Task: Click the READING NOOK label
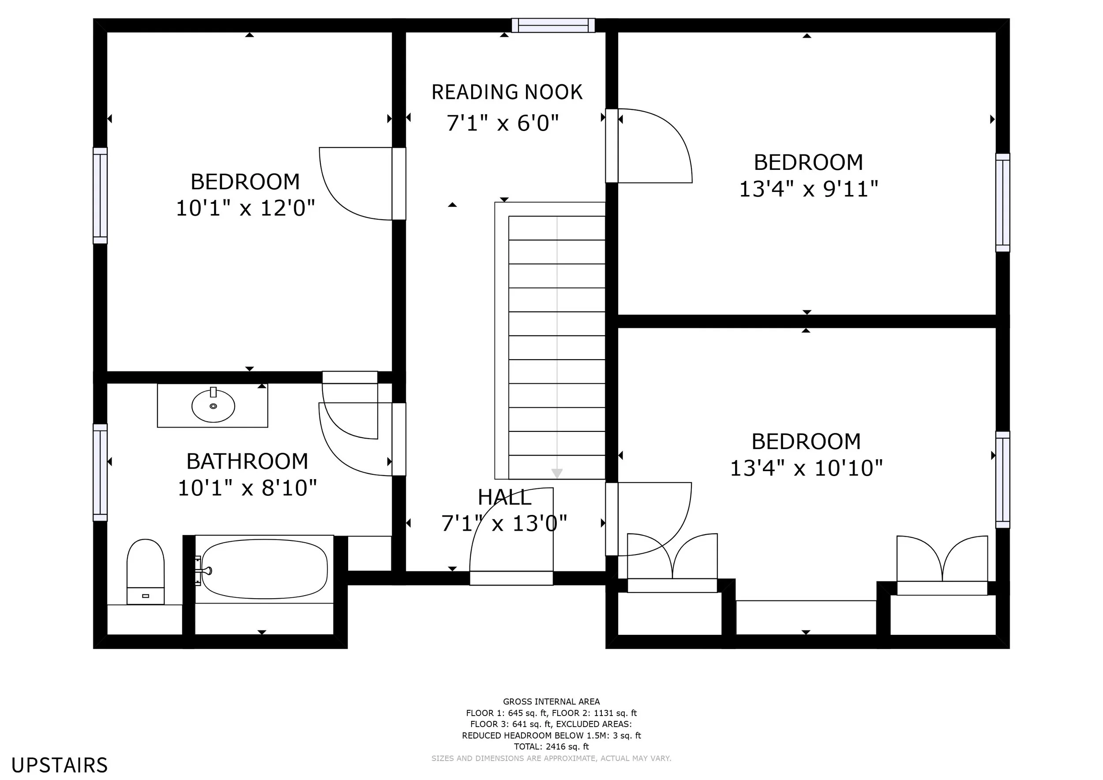pos(507,92)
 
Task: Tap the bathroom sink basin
pos(213,406)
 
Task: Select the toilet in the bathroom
pos(146,572)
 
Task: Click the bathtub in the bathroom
pos(264,570)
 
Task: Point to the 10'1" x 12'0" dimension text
pos(245,208)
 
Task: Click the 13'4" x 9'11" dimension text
pos(809,189)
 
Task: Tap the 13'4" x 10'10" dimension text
pos(806,468)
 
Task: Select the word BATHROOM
pos(247,461)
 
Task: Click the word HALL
pos(504,498)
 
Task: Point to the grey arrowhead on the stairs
pos(557,473)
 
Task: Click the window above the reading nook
pos(553,25)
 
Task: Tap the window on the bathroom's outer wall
pos(100,472)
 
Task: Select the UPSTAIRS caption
pos(60,765)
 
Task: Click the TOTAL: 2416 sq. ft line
pos(551,747)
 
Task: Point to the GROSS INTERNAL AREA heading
pos(551,702)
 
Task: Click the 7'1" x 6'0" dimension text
pos(503,124)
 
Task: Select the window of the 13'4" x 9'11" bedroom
pos(1002,202)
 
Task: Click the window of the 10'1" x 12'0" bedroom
pos(100,195)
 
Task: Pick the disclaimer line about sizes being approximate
pos(551,758)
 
